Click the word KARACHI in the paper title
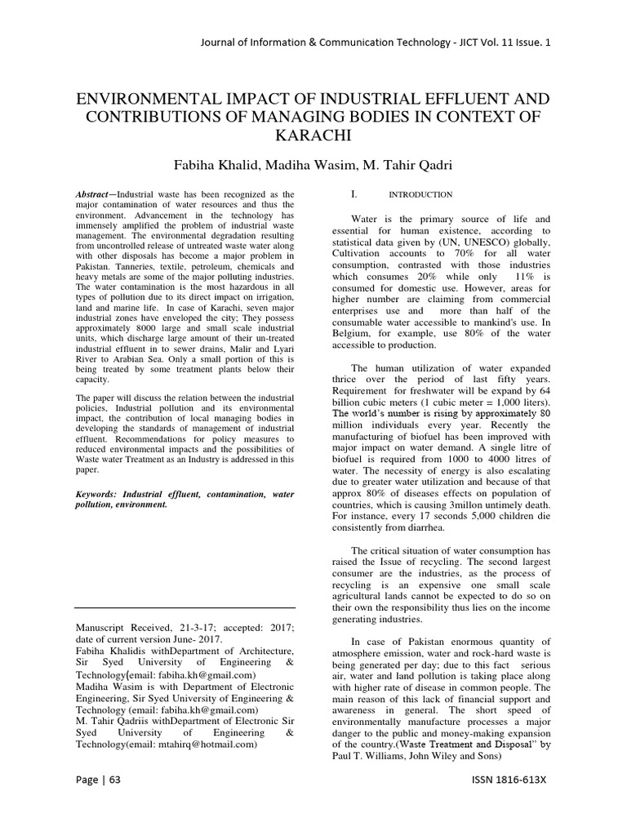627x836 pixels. pyautogui.click(x=313, y=137)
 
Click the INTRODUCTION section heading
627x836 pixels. pyautogui.click(x=420, y=195)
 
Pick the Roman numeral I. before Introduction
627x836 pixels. pyautogui.click(x=354, y=195)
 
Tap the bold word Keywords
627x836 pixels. pyautogui.click(x=101, y=494)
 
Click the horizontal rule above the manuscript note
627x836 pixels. pyautogui.click(x=185, y=608)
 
